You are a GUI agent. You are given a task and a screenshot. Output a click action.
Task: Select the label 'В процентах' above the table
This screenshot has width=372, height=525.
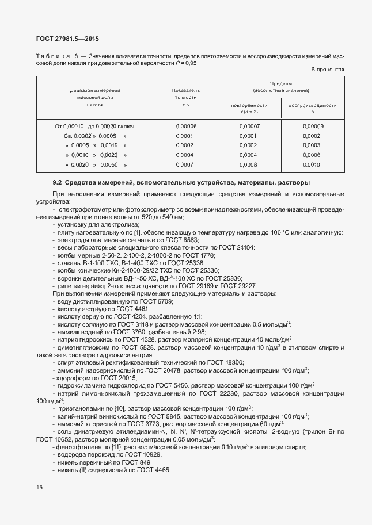coord(328,70)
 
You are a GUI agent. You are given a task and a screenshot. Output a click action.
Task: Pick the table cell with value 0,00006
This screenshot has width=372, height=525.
coord(185,126)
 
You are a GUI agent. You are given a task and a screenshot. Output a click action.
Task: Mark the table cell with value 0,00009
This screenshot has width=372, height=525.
coord(313,126)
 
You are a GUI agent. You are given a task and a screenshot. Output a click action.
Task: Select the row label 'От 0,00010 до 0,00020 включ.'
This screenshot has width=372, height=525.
coord(95,126)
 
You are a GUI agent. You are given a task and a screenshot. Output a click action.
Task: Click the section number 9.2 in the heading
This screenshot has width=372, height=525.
coord(57,183)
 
